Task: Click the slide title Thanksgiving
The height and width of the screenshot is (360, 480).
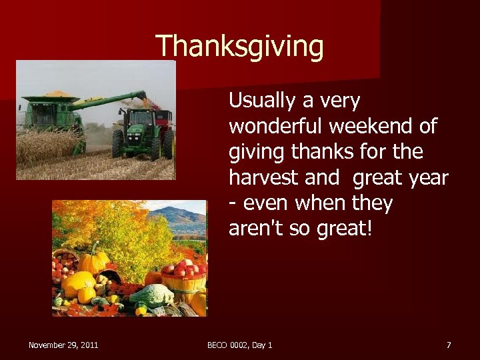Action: click(239, 47)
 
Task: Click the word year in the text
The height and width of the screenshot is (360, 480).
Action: click(431, 178)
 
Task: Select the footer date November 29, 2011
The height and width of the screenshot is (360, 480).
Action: click(63, 345)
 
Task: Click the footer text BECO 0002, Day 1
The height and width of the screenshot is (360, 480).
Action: click(239, 345)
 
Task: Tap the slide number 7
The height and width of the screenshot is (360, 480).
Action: click(449, 345)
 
